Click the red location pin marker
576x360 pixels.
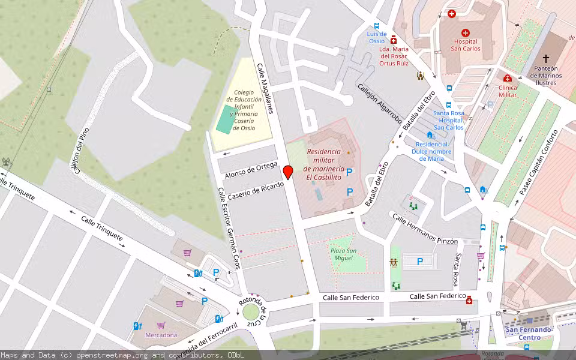click(288, 172)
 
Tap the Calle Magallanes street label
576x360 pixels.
click(265, 89)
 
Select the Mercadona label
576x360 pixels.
click(161, 335)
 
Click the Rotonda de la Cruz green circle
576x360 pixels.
click(250, 312)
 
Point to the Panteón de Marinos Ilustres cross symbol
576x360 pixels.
click(545, 59)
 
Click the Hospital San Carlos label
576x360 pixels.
click(466, 45)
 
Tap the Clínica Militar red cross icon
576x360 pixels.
click(507, 78)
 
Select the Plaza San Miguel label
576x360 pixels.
click(343, 253)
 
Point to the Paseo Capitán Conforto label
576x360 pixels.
click(538, 163)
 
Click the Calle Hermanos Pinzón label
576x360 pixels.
click(425, 229)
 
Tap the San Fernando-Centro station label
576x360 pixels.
click(529, 333)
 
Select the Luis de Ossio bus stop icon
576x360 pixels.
click(377, 26)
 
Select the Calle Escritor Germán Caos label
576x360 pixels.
click(229, 228)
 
